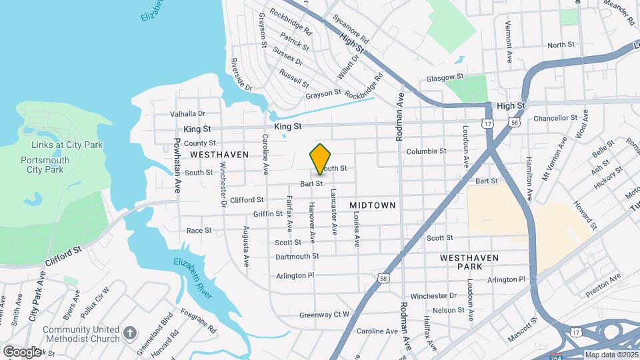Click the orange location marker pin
(321, 159)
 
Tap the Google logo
(22, 351)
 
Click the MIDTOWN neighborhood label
(373, 205)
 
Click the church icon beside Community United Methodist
(130, 331)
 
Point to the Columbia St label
(426, 151)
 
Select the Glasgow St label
(445, 77)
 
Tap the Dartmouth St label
(297, 256)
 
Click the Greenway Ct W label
(324, 315)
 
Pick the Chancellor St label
(555, 118)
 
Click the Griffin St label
(268, 214)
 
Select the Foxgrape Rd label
(198, 320)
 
